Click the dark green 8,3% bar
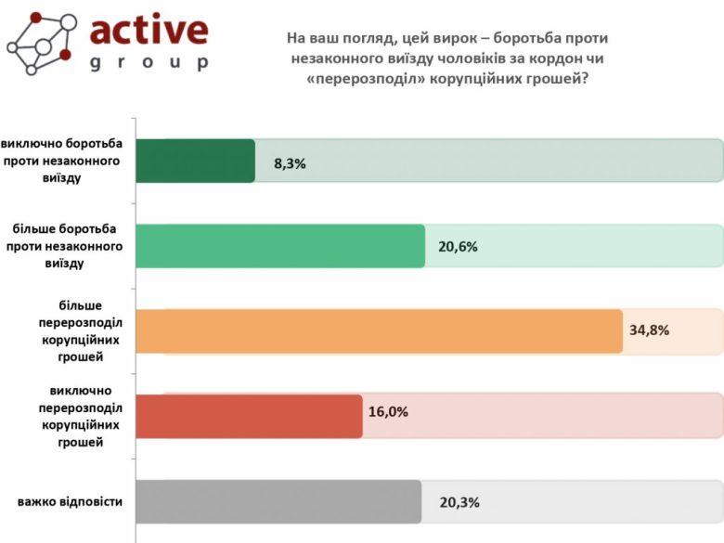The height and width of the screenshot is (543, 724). point(195,161)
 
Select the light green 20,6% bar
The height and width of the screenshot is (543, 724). point(279,246)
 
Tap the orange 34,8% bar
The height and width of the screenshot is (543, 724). point(379,331)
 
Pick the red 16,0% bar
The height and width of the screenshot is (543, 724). point(249,416)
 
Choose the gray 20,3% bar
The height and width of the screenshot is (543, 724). point(278,502)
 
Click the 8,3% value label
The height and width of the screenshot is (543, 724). point(290,163)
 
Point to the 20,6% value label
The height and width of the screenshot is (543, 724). point(458,248)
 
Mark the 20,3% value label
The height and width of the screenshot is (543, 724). point(459,502)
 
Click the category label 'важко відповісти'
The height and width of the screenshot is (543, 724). point(71,502)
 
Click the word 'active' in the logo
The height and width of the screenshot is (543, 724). point(149,30)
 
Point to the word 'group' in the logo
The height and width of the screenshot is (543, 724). point(149,63)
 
